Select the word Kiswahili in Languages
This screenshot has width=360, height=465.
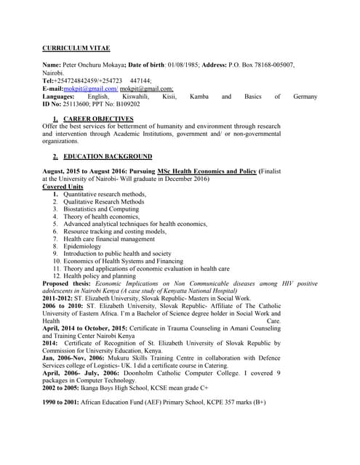pyautogui.click(x=134, y=96)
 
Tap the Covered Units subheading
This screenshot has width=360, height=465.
pyautogui.click(x=63, y=187)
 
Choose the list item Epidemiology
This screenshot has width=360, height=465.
pyautogui.click(x=82, y=246)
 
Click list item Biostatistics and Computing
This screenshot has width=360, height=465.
pyautogui.click(x=100, y=209)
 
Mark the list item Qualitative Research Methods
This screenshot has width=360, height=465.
pyautogui.click(x=103, y=202)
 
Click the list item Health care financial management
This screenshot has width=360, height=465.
pyautogui.click(x=108, y=239)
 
